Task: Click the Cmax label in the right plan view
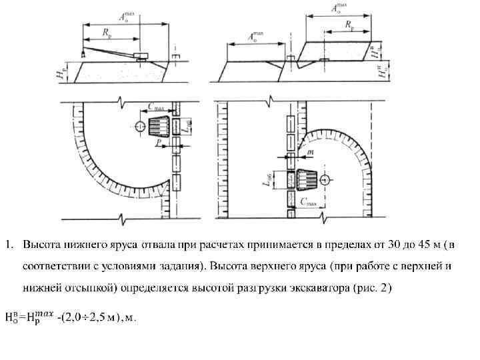click(x=309, y=200)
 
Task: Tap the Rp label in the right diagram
click(x=349, y=24)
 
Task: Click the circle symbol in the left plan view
click(x=139, y=125)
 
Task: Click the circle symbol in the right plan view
click(x=324, y=180)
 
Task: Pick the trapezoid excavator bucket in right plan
click(x=307, y=180)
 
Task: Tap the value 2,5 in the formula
click(x=96, y=317)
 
